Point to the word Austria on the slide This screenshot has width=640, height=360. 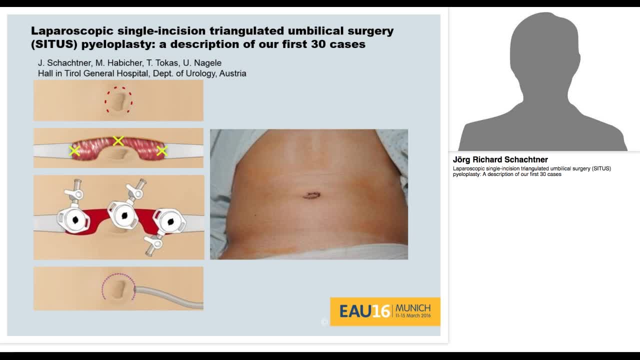click(233, 73)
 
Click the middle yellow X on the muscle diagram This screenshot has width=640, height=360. click(118, 141)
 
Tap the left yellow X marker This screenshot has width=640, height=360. click(74, 150)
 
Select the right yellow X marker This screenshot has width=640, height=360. click(161, 150)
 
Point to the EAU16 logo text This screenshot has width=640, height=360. click(364, 311)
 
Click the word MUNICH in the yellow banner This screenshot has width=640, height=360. click(412, 307)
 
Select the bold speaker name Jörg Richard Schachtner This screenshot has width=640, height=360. click(500, 160)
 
